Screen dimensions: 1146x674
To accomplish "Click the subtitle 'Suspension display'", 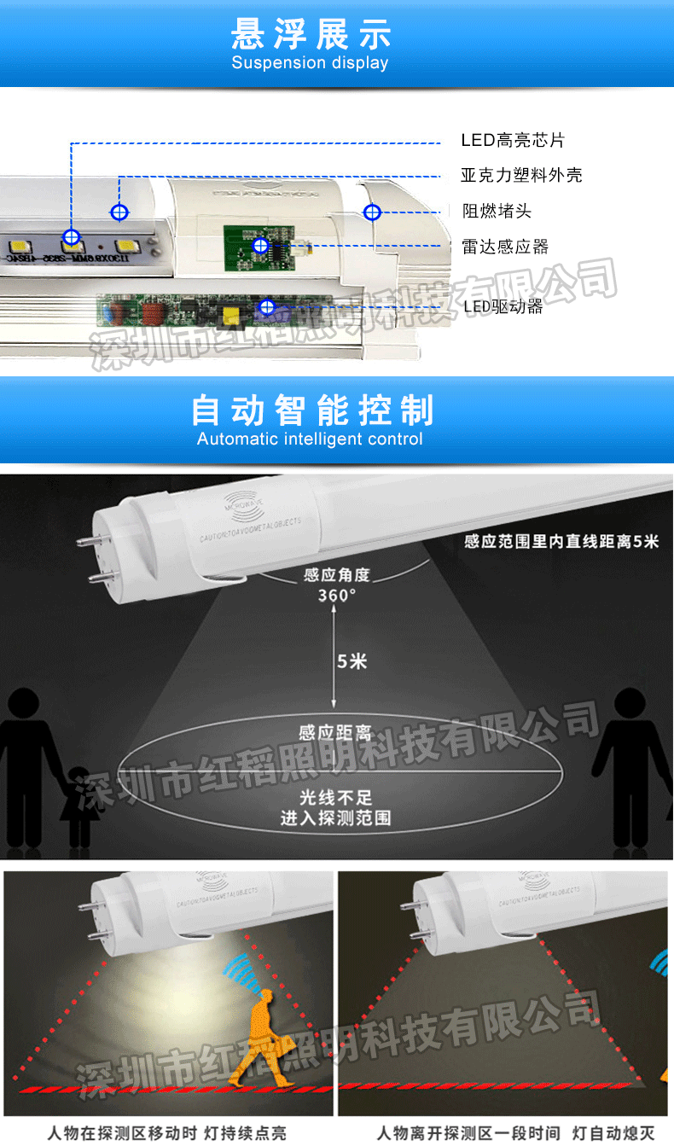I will pyautogui.click(x=310, y=63).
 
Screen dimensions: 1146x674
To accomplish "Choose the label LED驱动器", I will pyautogui.click(x=503, y=306).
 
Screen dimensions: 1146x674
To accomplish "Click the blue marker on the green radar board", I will pyautogui.click(x=260, y=246).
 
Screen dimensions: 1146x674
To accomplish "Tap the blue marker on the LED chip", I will pyautogui.click(x=72, y=237).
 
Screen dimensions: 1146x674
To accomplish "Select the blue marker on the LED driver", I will pyautogui.click(x=267, y=306).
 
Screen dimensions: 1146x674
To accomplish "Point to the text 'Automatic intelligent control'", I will pyautogui.click(x=310, y=439).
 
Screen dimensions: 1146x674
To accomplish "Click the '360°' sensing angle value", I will pyautogui.click(x=337, y=595).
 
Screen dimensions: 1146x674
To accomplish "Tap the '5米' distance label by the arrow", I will pyautogui.click(x=352, y=660).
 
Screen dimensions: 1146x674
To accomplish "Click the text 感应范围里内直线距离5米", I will pyautogui.click(x=561, y=542).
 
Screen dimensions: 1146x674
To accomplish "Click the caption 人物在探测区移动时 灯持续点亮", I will pyautogui.click(x=167, y=1133).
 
